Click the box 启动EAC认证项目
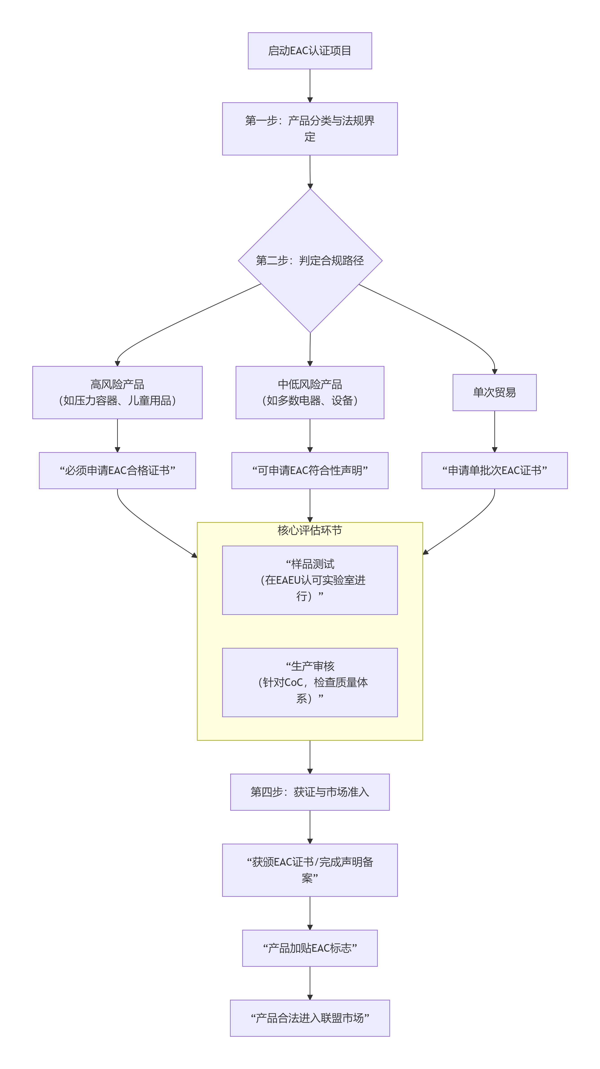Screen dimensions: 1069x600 [310, 51]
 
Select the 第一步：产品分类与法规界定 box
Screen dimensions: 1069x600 [310, 129]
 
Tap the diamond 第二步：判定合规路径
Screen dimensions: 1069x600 [310, 261]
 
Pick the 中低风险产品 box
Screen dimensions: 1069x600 [310, 392]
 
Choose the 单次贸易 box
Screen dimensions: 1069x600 [494, 392]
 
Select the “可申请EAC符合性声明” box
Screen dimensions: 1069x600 [310, 470]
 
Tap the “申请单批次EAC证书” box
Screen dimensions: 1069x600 [494, 470]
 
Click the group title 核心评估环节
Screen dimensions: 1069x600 [310, 530]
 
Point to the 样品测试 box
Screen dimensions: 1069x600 [310, 580]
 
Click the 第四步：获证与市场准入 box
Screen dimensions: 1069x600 [310, 792]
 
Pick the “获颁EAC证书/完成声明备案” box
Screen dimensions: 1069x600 [310, 870]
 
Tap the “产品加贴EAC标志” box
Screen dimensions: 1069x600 [310, 948]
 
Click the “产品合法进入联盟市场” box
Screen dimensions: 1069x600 [310, 1018]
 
